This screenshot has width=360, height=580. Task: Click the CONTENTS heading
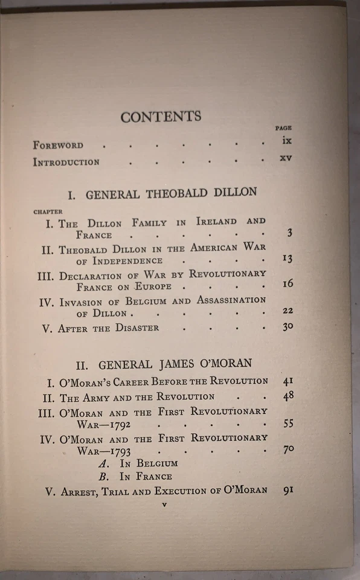161,117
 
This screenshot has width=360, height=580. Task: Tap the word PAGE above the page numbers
283,128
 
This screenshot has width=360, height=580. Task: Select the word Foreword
58,145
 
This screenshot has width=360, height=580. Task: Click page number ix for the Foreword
286,141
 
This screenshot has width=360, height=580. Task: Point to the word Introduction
66,162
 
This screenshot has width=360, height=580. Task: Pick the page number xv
286,158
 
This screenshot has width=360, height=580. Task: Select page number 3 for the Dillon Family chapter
289,233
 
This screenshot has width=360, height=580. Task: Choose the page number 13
288,259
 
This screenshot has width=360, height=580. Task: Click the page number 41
288,381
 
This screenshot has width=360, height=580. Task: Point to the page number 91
288,490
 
